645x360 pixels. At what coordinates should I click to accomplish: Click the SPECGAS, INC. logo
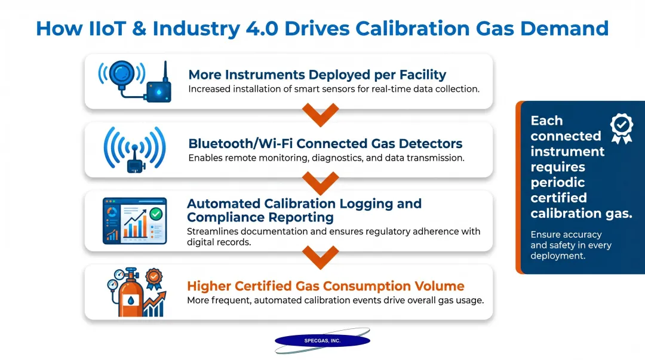point(322,341)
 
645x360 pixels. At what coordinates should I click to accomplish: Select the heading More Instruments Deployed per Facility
point(317,75)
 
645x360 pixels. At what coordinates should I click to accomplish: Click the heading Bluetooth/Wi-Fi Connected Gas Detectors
point(325,143)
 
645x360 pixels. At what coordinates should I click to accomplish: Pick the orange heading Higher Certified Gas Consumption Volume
point(325,286)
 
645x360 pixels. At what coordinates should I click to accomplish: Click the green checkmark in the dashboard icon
point(156,213)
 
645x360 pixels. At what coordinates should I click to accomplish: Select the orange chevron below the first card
point(320,113)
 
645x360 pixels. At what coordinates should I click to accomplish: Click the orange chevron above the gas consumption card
point(320,255)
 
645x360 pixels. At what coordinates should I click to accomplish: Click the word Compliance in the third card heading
point(226,217)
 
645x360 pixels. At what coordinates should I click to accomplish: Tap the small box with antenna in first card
point(158,90)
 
